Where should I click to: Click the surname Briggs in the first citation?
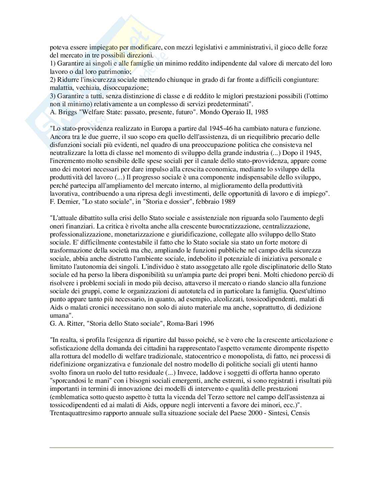(66, 112)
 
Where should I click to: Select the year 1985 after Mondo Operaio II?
(261, 112)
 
